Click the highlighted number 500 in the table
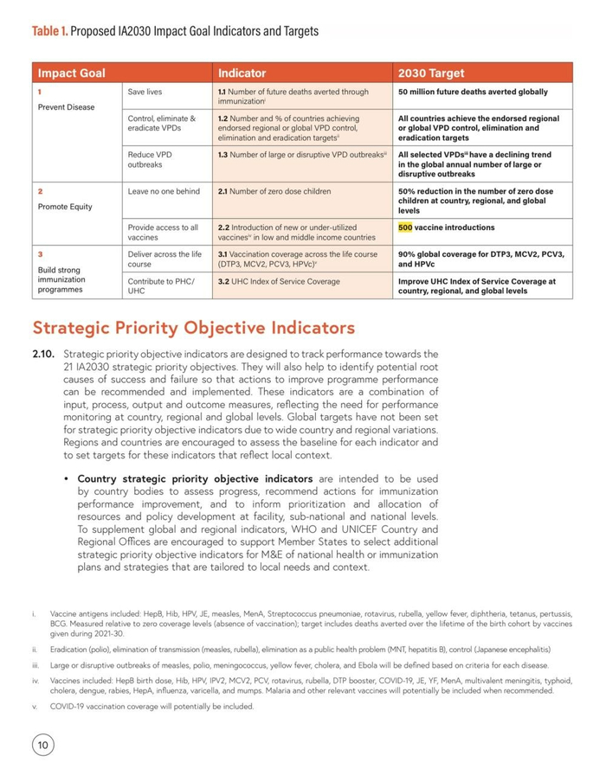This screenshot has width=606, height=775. (406, 227)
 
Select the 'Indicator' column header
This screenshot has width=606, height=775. (242, 74)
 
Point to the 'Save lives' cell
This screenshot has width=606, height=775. (145, 91)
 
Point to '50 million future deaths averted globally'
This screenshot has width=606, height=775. (484, 91)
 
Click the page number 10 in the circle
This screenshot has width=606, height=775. (42, 744)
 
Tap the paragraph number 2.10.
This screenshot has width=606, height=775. (43, 354)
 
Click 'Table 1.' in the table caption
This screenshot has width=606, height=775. (49, 31)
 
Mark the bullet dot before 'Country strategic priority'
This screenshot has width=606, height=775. (67, 478)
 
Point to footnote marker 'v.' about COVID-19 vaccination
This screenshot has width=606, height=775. (35, 707)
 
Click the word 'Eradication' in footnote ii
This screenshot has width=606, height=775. (69, 649)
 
